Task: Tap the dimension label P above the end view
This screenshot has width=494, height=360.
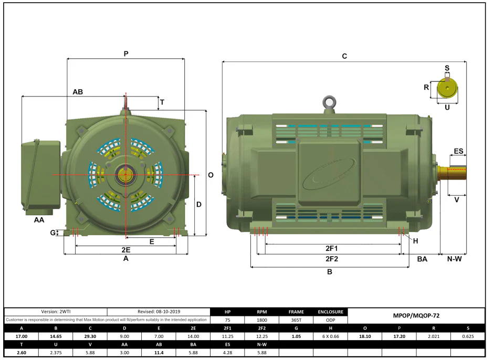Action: tap(126, 54)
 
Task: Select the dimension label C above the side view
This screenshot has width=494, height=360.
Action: tap(344, 56)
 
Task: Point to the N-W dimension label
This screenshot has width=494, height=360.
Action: tap(454, 259)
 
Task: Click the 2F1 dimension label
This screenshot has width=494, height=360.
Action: tap(331, 248)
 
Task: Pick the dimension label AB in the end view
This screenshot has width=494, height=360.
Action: tap(78, 92)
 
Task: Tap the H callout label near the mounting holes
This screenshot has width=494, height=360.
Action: tap(416, 241)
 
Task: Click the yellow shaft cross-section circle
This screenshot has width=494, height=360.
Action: tap(447, 88)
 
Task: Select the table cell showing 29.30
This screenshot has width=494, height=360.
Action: tap(90, 336)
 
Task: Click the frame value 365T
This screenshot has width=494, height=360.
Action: tap(296, 320)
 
